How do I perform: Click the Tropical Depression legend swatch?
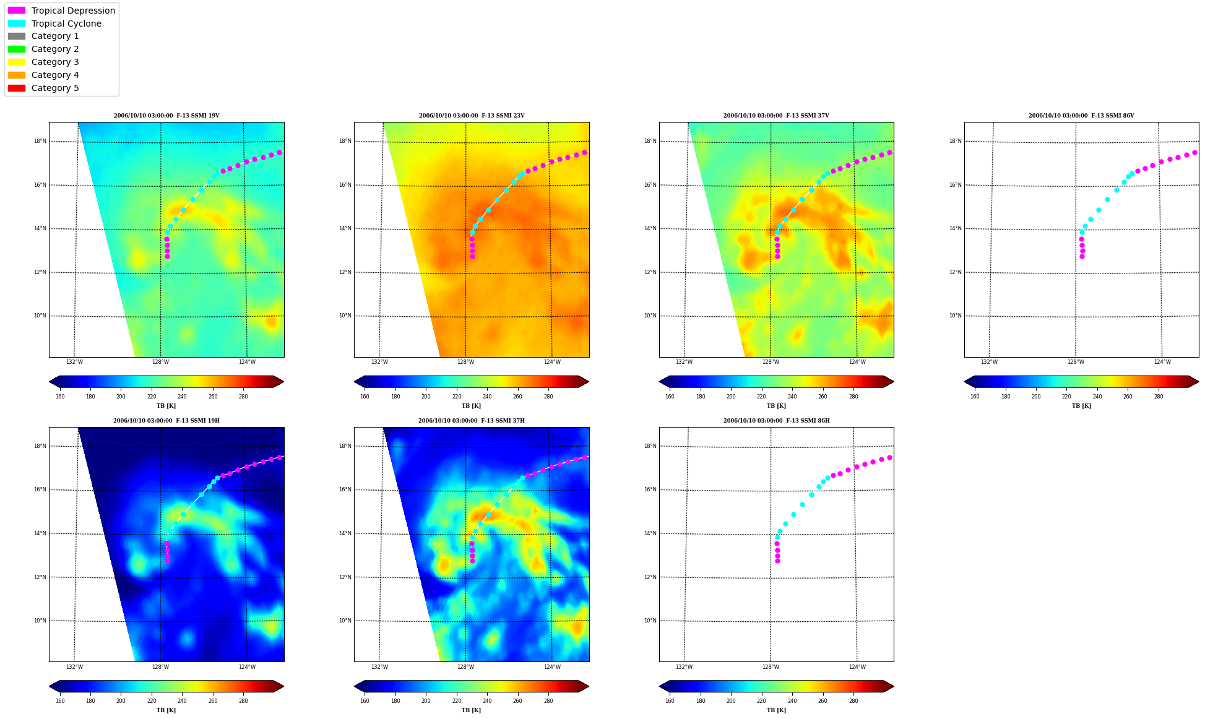coord(17,11)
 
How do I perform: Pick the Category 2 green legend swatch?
coord(17,49)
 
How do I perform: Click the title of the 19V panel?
coord(166,116)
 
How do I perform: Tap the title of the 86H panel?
coord(776,421)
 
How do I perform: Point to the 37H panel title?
coord(471,421)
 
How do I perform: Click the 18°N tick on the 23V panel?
coord(345,141)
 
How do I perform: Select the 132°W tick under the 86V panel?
coord(989,362)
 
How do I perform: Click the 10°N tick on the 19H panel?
coord(40,621)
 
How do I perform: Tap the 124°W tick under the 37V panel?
coord(857,362)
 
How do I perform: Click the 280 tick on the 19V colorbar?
coord(243,397)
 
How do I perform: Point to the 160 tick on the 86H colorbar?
coord(670,701)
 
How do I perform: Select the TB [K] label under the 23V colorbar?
coord(471,406)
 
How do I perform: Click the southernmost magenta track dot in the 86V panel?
coord(1082,256)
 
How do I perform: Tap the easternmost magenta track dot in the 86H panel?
coord(889,457)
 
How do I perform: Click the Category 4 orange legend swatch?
coord(17,75)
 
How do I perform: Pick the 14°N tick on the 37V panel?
coord(650,228)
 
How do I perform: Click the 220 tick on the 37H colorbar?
coord(456,701)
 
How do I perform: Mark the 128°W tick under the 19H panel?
coord(160,666)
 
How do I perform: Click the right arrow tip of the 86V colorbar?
coord(1198,381)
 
